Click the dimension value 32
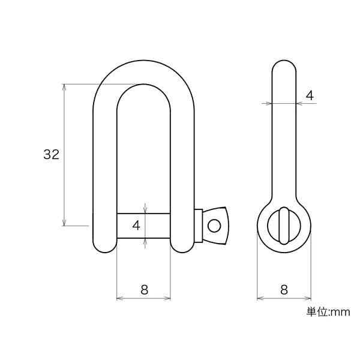point(52,154)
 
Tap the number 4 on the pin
point(136,225)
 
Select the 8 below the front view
point(144,290)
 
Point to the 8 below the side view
point(284,290)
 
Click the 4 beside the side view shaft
point(310,95)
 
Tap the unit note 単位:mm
point(328,312)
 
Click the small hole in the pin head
point(214,226)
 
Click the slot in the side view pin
point(284,226)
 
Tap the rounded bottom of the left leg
point(104,248)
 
